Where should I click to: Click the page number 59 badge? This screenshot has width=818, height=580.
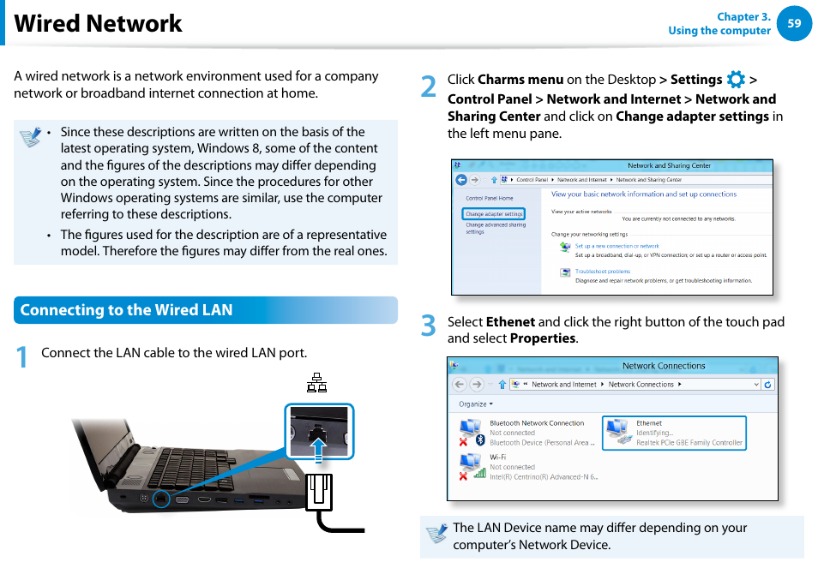pos(793,24)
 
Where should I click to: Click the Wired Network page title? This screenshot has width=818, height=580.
pos(98,24)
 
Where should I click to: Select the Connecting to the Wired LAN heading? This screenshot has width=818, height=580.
pos(127,310)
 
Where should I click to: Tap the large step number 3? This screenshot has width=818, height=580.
pos(429,326)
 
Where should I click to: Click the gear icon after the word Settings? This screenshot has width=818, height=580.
pos(736,80)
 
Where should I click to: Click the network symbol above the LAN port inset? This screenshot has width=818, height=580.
pos(316,384)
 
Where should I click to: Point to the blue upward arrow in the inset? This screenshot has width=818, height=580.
pos(319,446)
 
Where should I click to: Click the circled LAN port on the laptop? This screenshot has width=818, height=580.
pos(161,498)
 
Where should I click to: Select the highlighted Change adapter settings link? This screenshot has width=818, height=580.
pos(494,214)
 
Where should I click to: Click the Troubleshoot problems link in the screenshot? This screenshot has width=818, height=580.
pos(602,272)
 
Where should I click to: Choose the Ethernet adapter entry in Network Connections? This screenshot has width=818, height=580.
pos(675,433)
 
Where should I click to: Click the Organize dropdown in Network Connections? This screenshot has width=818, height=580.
pos(474,404)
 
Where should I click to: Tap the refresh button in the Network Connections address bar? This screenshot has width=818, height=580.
pos(767,385)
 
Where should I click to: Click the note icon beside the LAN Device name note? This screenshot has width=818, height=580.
pos(436,535)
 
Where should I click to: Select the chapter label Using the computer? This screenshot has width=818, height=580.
pos(719,31)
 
